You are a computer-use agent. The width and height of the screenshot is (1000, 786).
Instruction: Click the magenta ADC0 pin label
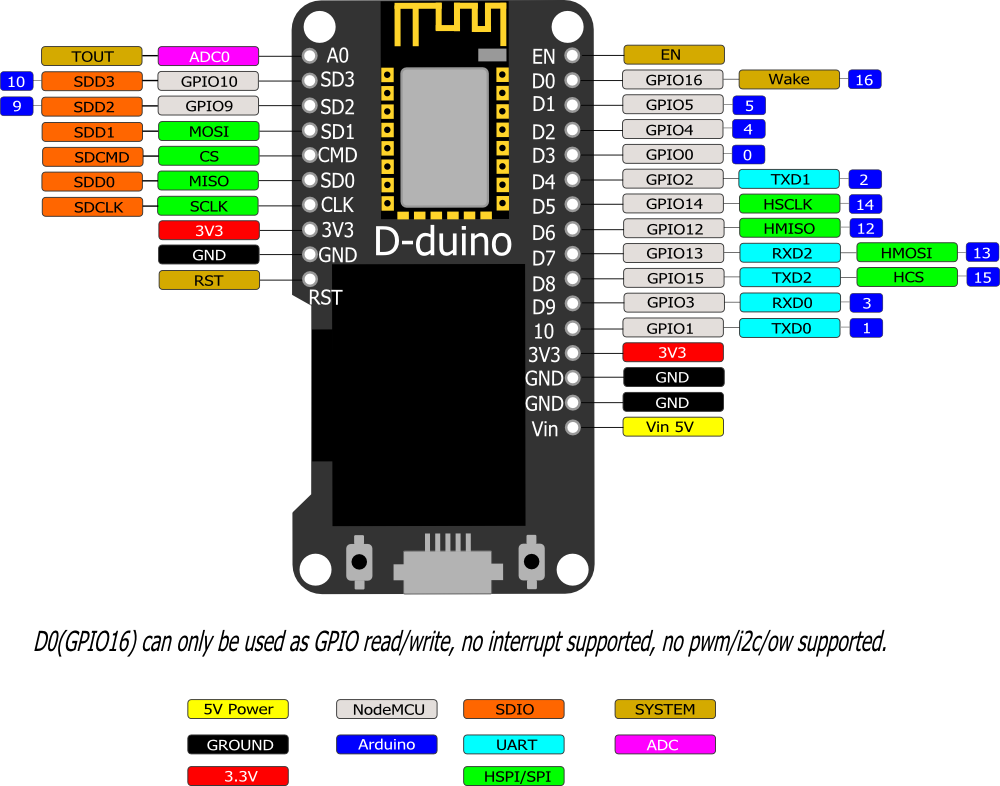point(208,56)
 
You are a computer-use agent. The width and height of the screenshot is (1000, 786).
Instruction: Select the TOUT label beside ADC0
point(92,56)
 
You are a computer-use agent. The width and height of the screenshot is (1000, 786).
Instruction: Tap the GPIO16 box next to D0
point(672,80)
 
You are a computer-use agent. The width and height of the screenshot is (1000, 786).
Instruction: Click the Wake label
point(789,80)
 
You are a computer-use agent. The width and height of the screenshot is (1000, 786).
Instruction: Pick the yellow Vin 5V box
point(672,427)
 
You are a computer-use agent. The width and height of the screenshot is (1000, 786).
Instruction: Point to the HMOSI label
point(906,253)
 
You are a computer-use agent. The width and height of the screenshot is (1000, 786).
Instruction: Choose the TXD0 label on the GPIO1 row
point(789,328)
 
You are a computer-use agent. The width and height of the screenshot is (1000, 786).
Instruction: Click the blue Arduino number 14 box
point(865,204)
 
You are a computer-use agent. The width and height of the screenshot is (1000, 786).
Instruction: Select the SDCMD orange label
point(92,156)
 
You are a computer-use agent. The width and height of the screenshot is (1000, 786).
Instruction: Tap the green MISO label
point(208,181)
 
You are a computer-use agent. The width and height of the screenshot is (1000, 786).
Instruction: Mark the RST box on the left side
point(208,280)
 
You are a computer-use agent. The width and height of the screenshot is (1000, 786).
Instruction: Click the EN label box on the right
point(672,55)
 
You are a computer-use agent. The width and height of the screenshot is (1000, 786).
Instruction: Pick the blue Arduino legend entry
point(387,744)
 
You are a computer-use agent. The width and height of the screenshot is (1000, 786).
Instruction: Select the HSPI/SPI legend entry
point(514,776)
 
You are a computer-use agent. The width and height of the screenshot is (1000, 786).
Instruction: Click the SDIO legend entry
point(514,709)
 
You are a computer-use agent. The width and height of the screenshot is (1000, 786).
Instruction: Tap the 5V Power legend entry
point(238,709)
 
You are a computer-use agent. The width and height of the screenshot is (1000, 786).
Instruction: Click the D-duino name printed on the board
point(443,241)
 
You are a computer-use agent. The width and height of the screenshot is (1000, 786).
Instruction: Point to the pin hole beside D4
point(572,181)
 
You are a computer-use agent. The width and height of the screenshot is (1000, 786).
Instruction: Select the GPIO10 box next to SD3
point(208,81)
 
